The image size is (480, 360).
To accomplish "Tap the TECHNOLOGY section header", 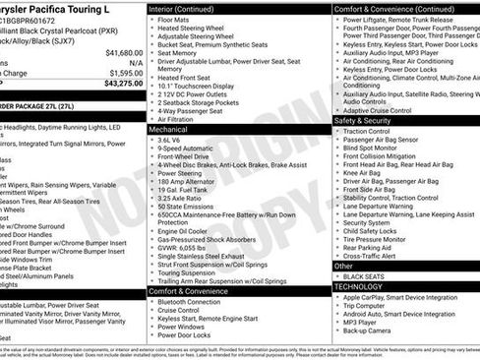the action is [361, 286].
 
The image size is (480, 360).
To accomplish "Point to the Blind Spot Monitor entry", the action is [376, 150].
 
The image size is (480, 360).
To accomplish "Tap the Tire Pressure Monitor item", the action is [379, 238].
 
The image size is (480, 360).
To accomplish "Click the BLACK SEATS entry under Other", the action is [364, 276].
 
